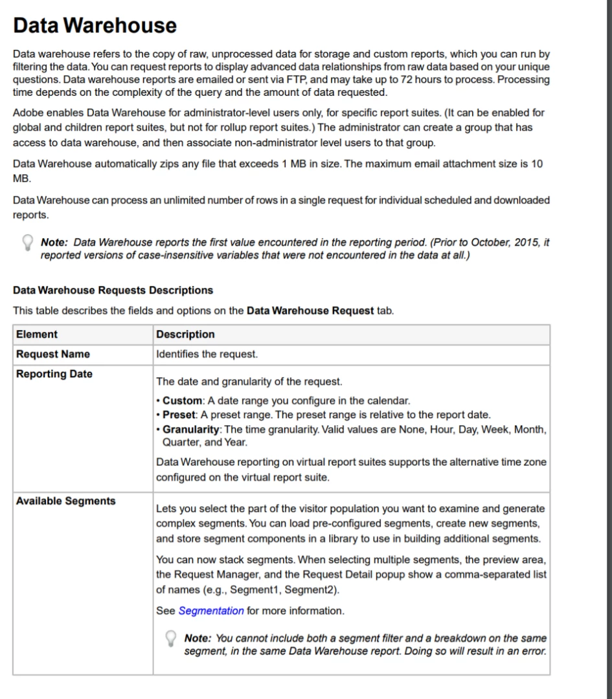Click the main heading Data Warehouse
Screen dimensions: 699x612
pyautogui.click(x=95, y=26)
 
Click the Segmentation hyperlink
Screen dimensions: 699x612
pyautogui.click(x=211, y=610)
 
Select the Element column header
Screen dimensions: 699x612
pyautogui.click(x=37, y=335)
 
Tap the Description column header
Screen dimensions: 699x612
pyautogui.click(x=185, y=335)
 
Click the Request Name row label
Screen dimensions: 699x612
pyautogui.click(x=53, y=354)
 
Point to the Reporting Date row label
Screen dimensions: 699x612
pyautogui.click(x=54, y=374)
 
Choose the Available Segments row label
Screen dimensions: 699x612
pyautogui.click(x=65, y=501)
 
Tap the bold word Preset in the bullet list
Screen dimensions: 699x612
pyautogui.click(x=180, y=414)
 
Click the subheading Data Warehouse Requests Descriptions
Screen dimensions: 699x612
pyautogui.click(x=113, y=290)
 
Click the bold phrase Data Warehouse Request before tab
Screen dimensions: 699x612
pyautogui.click(x=310, y=311)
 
